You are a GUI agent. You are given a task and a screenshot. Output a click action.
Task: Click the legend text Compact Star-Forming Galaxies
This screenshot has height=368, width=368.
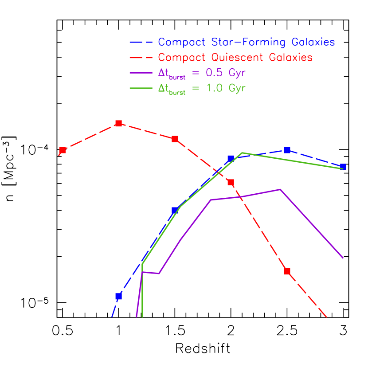click(246, 43)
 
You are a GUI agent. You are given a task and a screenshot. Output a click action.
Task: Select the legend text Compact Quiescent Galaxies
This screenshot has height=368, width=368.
click(235, 58)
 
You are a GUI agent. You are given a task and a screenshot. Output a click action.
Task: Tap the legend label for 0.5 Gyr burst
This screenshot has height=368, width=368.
click(202, 73)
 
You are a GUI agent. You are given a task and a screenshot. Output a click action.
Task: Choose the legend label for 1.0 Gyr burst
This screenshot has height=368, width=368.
click(202, 88)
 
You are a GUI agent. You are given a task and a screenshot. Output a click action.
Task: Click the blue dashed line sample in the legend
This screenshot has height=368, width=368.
click(141, 43)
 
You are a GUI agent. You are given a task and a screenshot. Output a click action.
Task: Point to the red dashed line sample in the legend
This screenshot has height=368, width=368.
click(141, 58)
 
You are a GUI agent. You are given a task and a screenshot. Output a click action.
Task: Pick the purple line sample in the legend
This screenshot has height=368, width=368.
click(141, 73)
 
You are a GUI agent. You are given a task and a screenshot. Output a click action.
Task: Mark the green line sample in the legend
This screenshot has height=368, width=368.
click(141, 88)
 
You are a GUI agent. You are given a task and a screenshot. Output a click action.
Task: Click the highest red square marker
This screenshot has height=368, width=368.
click(118, 123)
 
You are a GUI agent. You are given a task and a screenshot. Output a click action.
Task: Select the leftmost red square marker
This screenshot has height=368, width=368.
click(63, 150)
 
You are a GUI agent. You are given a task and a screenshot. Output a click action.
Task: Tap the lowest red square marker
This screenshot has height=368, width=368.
click(287, 271)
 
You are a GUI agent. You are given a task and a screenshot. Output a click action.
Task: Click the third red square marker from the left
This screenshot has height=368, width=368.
click(175, 139)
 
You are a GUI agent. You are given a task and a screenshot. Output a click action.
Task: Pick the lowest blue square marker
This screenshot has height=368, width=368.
click(118, 296)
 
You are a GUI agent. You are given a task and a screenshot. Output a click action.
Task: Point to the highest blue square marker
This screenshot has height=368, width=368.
click(287, 150)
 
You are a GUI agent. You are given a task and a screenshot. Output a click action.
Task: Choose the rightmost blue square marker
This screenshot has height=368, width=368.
click(343, 167)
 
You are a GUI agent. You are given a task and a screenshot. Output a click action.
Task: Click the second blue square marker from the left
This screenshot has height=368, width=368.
click(175, 210)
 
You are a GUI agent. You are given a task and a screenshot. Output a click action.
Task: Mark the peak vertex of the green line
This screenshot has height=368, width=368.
click(242, 153)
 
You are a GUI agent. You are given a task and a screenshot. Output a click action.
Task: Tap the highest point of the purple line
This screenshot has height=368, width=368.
click(280, 189)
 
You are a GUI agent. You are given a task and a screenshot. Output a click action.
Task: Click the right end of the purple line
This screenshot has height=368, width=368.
click(344, 258)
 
